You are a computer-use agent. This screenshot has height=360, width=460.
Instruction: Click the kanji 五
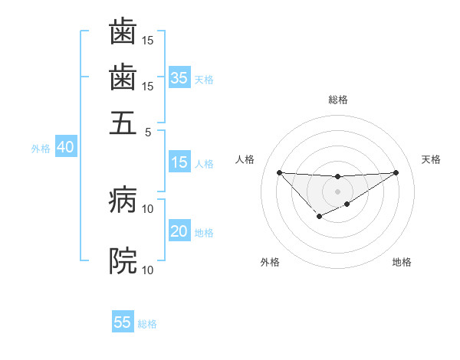[123, 122]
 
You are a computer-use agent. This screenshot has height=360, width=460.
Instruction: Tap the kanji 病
[123, 201]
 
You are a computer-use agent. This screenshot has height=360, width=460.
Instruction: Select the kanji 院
[123, 261]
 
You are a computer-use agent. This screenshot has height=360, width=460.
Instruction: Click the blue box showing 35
[179, 78]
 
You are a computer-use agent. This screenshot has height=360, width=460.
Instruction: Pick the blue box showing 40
[65, 148]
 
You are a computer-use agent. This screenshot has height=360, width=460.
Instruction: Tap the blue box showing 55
[123, 322]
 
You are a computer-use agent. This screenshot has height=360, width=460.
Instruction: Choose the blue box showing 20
[179, 231]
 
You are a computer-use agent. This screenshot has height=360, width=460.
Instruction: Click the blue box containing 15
[179, 162]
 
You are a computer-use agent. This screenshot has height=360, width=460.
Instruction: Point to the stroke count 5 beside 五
[148, 131]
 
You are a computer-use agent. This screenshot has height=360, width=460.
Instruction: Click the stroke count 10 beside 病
[148, 208]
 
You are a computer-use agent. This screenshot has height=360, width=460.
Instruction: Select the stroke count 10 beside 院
[148, 270]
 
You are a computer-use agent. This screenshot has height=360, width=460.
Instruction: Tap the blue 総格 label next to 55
[147, 324]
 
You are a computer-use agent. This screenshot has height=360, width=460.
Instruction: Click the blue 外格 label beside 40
[41, 149]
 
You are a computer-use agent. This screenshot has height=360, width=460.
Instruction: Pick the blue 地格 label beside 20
[204, 233]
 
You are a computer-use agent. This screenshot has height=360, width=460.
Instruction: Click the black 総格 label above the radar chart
[337, 100]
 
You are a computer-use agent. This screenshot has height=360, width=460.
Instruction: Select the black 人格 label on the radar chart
[245, 159]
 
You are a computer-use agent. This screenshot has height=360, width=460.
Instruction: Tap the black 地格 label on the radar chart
[402, 262]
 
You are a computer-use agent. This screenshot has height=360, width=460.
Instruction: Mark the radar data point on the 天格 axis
[396, 172]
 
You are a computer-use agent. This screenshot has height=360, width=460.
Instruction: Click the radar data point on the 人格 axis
[279, 172]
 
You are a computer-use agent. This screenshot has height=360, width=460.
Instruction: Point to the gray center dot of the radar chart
[337, 191]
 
